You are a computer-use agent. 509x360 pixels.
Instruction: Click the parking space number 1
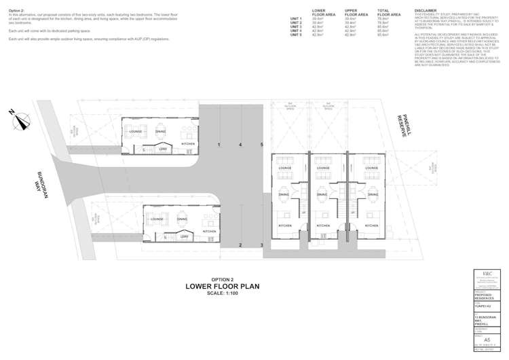tap(219, 145)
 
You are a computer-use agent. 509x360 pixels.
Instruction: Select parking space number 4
tap(240, 145)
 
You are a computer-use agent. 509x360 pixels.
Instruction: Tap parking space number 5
tap(261, 145)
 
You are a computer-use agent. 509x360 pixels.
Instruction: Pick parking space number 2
tap(240, 245)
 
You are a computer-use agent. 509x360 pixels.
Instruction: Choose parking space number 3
tap(261, 245)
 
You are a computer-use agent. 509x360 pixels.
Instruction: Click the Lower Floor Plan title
tap(223, 286)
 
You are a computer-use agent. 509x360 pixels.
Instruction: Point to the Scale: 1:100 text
tap(223, 293)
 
